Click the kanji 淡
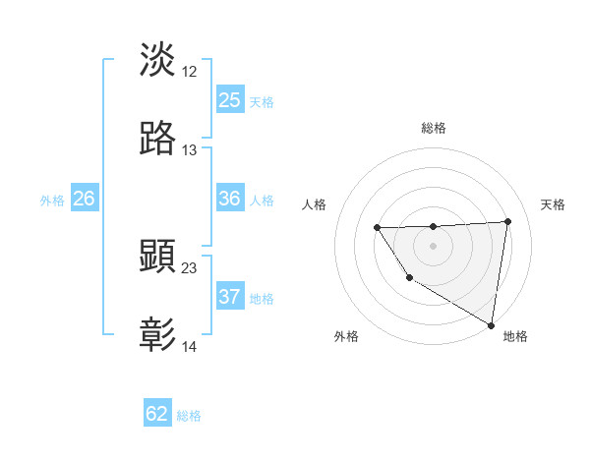click(x=158, y=61)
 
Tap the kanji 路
click(x=158, y=140)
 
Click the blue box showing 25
click(x=230, y=100)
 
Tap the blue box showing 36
click(x=230, y=199)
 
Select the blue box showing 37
click(x=230, y=297)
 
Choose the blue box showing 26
click(x=85, y=199)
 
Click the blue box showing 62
click(x=157, y=414)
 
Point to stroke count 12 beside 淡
click(x=190, y=71)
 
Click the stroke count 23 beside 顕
click(x=190, y=267)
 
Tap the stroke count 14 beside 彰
click(x=190, y=346)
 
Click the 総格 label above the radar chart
click(x=434, y=128)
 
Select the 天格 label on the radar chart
click(x=553, y=204)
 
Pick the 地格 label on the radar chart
click(x=515, y=336)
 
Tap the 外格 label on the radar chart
click(x=346, y=336)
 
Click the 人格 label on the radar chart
click(x=315, y=204)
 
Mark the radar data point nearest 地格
click(x=491, y=324)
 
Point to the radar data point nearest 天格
click(x=508, y=221)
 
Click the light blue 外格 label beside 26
click(x=52, y=201)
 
